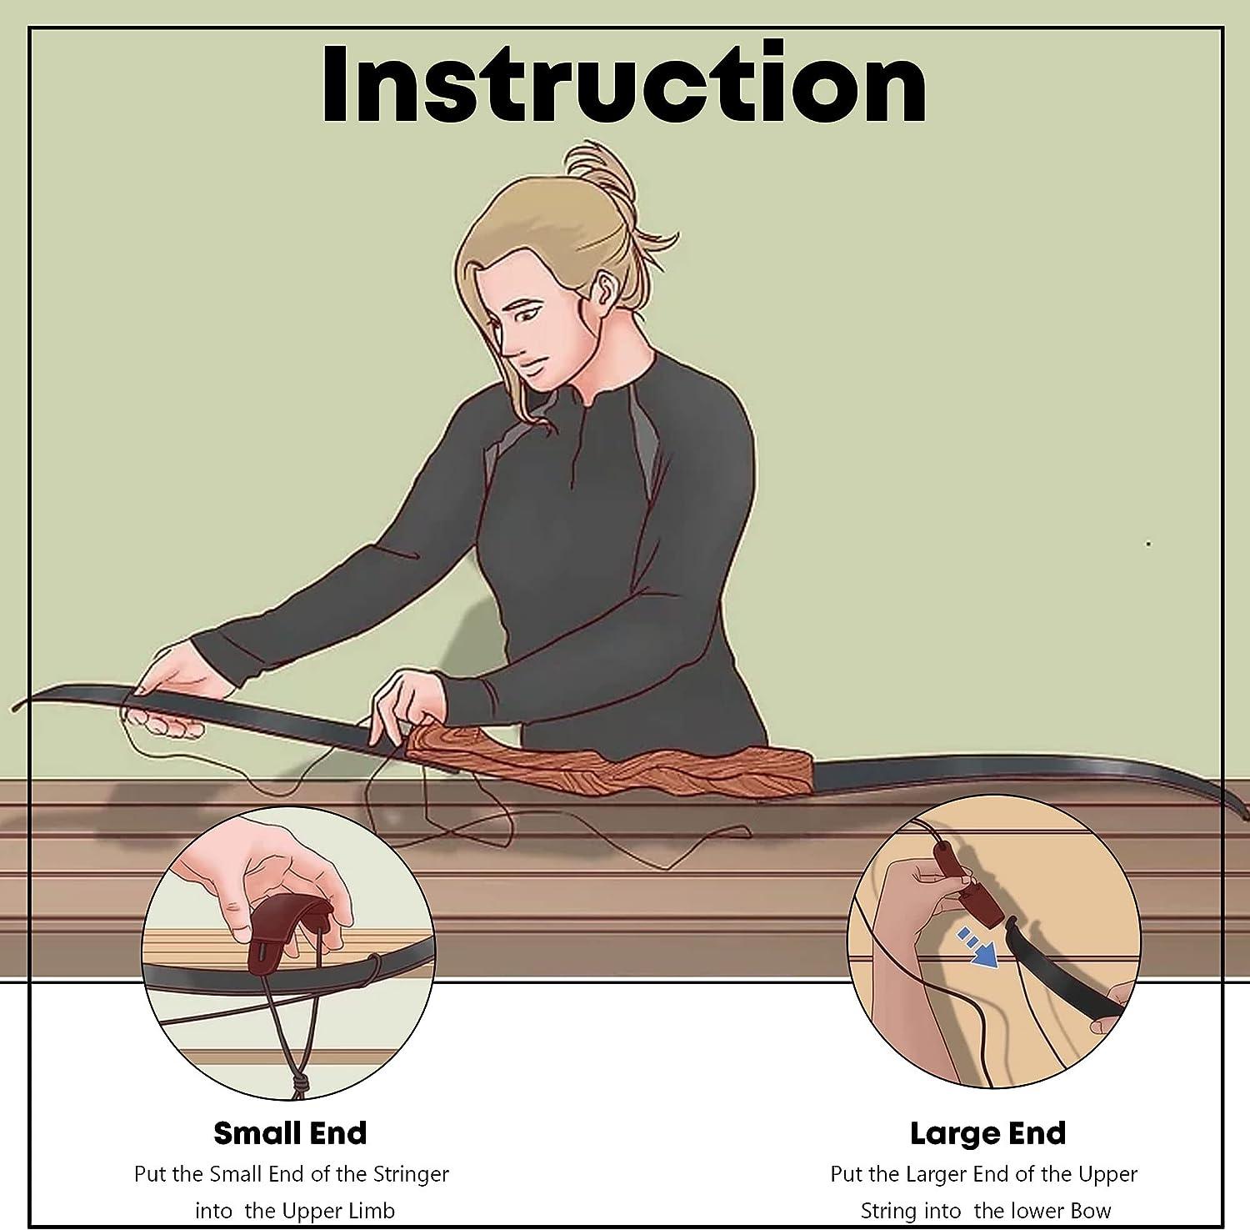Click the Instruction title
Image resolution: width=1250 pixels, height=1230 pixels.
coord(624,84)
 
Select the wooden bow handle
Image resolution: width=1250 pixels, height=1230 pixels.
coord(608,758)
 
